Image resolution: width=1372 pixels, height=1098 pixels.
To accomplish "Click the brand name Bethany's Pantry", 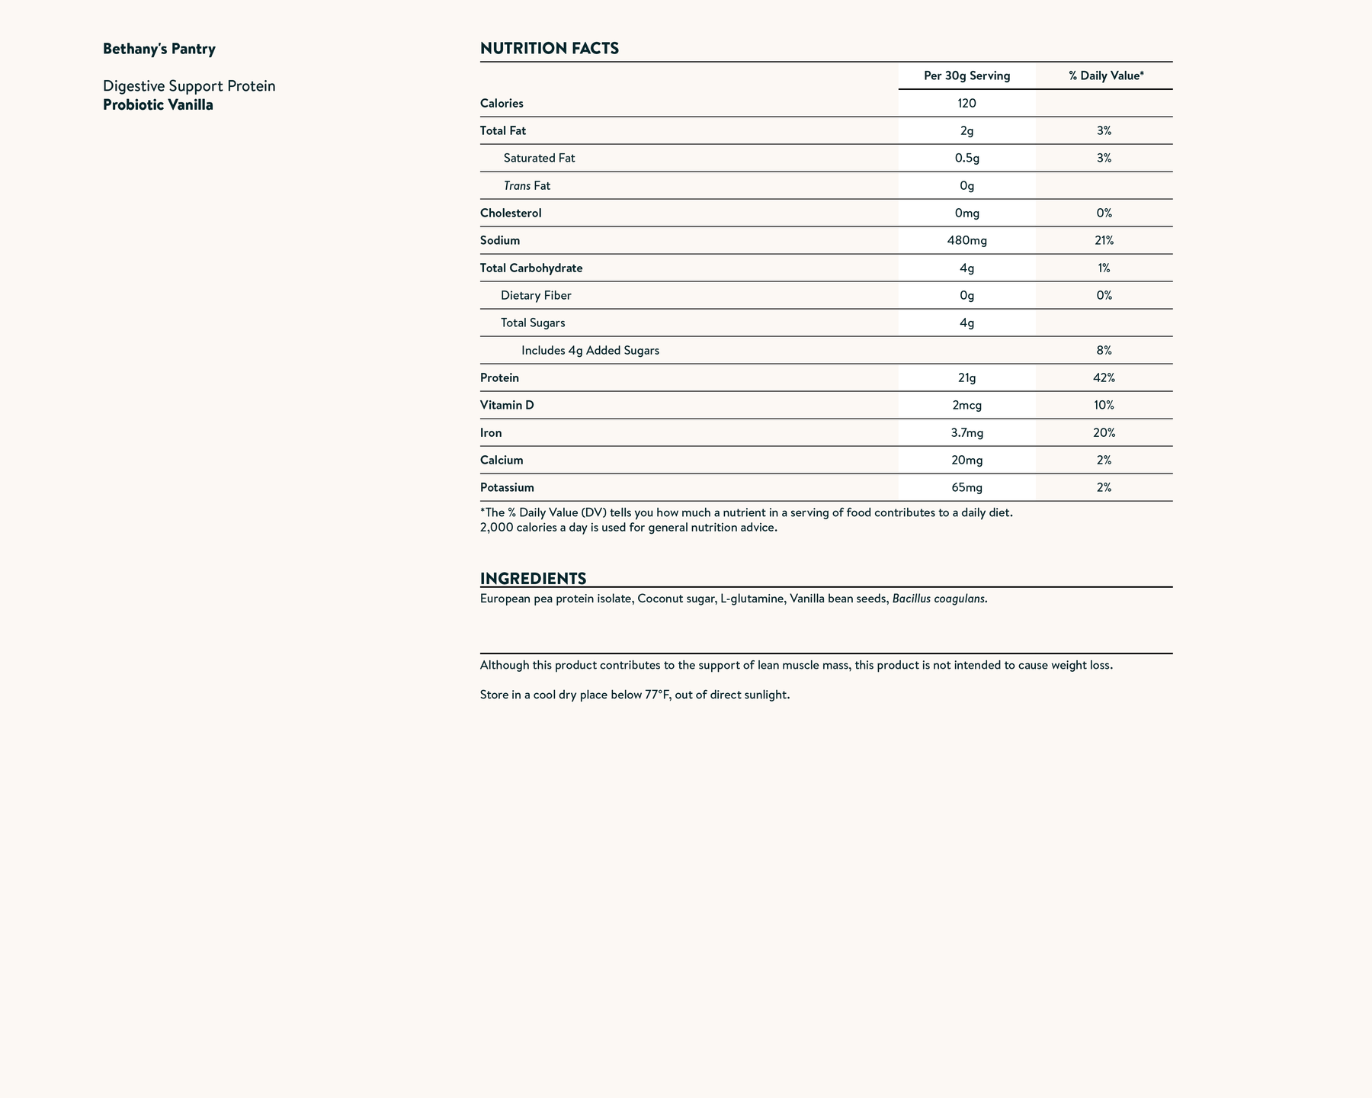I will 159,50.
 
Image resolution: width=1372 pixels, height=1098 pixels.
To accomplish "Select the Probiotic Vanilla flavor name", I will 158,105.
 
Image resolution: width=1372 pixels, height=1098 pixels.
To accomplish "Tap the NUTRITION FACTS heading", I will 549,49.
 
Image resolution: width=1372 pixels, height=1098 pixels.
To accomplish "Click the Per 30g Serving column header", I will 966,75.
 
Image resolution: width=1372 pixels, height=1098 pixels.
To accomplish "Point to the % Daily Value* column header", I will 1106,75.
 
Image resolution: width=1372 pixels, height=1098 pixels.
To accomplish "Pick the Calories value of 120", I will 966,103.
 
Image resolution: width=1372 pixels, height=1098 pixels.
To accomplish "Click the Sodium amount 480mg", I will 966,240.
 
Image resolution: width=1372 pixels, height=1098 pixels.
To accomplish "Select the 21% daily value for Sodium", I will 1104,240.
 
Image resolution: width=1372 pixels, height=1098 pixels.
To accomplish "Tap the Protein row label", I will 499,377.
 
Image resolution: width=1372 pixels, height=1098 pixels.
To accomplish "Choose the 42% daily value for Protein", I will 1104,377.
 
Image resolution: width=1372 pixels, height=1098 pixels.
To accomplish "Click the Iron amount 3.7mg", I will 966,432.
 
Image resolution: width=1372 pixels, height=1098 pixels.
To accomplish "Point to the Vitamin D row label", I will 507,405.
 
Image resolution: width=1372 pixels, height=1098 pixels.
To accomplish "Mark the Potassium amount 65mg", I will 966,487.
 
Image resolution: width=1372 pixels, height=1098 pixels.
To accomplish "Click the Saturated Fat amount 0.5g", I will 966,158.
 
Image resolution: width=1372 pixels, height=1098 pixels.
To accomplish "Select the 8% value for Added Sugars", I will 1104,350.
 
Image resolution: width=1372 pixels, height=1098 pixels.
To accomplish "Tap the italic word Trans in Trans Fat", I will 517,185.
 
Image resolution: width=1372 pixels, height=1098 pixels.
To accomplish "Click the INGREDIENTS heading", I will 533,578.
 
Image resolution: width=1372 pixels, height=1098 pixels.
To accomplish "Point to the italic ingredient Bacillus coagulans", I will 939,599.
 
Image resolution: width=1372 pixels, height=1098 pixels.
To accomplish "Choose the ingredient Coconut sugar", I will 675,599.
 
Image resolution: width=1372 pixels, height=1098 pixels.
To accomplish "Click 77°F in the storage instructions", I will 657,695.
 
